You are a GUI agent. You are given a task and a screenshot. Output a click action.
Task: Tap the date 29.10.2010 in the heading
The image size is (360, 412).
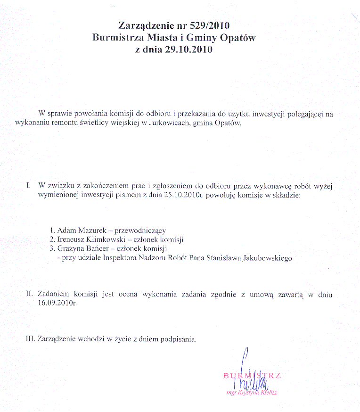[187, 50]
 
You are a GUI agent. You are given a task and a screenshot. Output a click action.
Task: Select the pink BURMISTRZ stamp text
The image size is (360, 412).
[252, 376]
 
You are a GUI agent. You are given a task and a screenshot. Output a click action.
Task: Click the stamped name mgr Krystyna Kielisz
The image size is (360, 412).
[251, 392]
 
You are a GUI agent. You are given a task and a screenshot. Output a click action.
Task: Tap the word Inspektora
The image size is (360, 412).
[112, 258]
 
